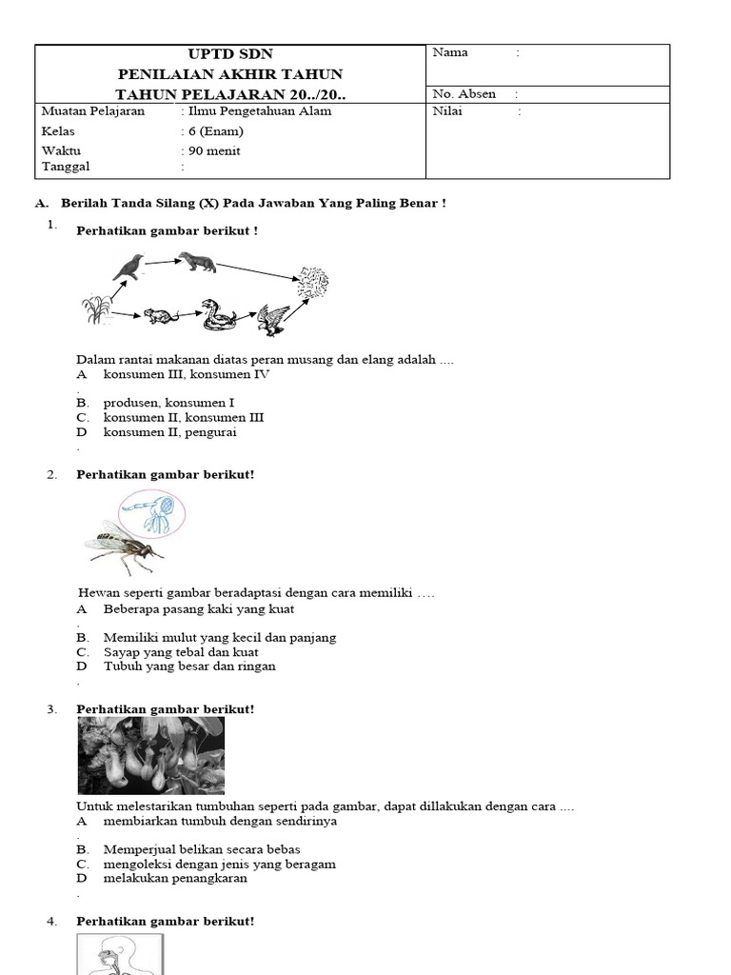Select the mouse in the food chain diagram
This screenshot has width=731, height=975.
159,316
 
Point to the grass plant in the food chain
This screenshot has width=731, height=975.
95,308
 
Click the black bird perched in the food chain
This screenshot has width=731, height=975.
128,266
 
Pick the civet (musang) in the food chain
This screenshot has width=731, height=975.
209,262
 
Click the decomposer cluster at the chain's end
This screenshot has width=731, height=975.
312,282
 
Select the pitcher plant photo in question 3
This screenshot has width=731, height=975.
150,755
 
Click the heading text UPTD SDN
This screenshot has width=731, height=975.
228,54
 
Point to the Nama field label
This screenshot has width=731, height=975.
450,52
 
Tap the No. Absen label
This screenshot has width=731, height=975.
464,94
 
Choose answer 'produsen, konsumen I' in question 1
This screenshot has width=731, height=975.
168,403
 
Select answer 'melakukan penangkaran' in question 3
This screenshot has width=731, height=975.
175,878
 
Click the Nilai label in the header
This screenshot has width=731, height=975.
447,111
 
